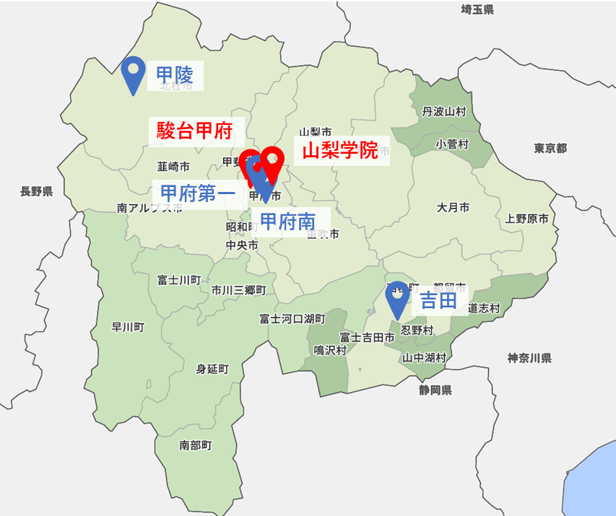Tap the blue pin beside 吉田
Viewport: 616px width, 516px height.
click(397, 297)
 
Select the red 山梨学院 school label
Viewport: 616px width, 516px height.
click(339, 151)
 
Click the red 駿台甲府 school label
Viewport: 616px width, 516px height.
click(194, 131)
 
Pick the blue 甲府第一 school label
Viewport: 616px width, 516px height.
click(198, 193)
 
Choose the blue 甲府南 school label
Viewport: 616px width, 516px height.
click(287, 222)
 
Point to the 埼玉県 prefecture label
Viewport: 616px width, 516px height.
click(477, 9)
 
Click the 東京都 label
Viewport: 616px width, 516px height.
click(550, 148)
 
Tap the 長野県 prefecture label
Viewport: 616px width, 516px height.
click(37, 191)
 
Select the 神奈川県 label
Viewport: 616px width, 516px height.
click(529, 358)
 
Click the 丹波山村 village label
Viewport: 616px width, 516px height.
click(444, 112)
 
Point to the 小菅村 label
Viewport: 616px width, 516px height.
click(452, 144)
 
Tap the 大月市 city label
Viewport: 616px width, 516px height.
click(453, 207)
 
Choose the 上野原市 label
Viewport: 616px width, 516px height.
click(526, 219)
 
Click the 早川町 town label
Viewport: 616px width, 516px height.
click(128, 327)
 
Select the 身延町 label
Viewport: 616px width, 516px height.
click(212, 369)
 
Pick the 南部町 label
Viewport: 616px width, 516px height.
click(196, 445)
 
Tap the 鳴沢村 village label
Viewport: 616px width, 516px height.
click(331, 350)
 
